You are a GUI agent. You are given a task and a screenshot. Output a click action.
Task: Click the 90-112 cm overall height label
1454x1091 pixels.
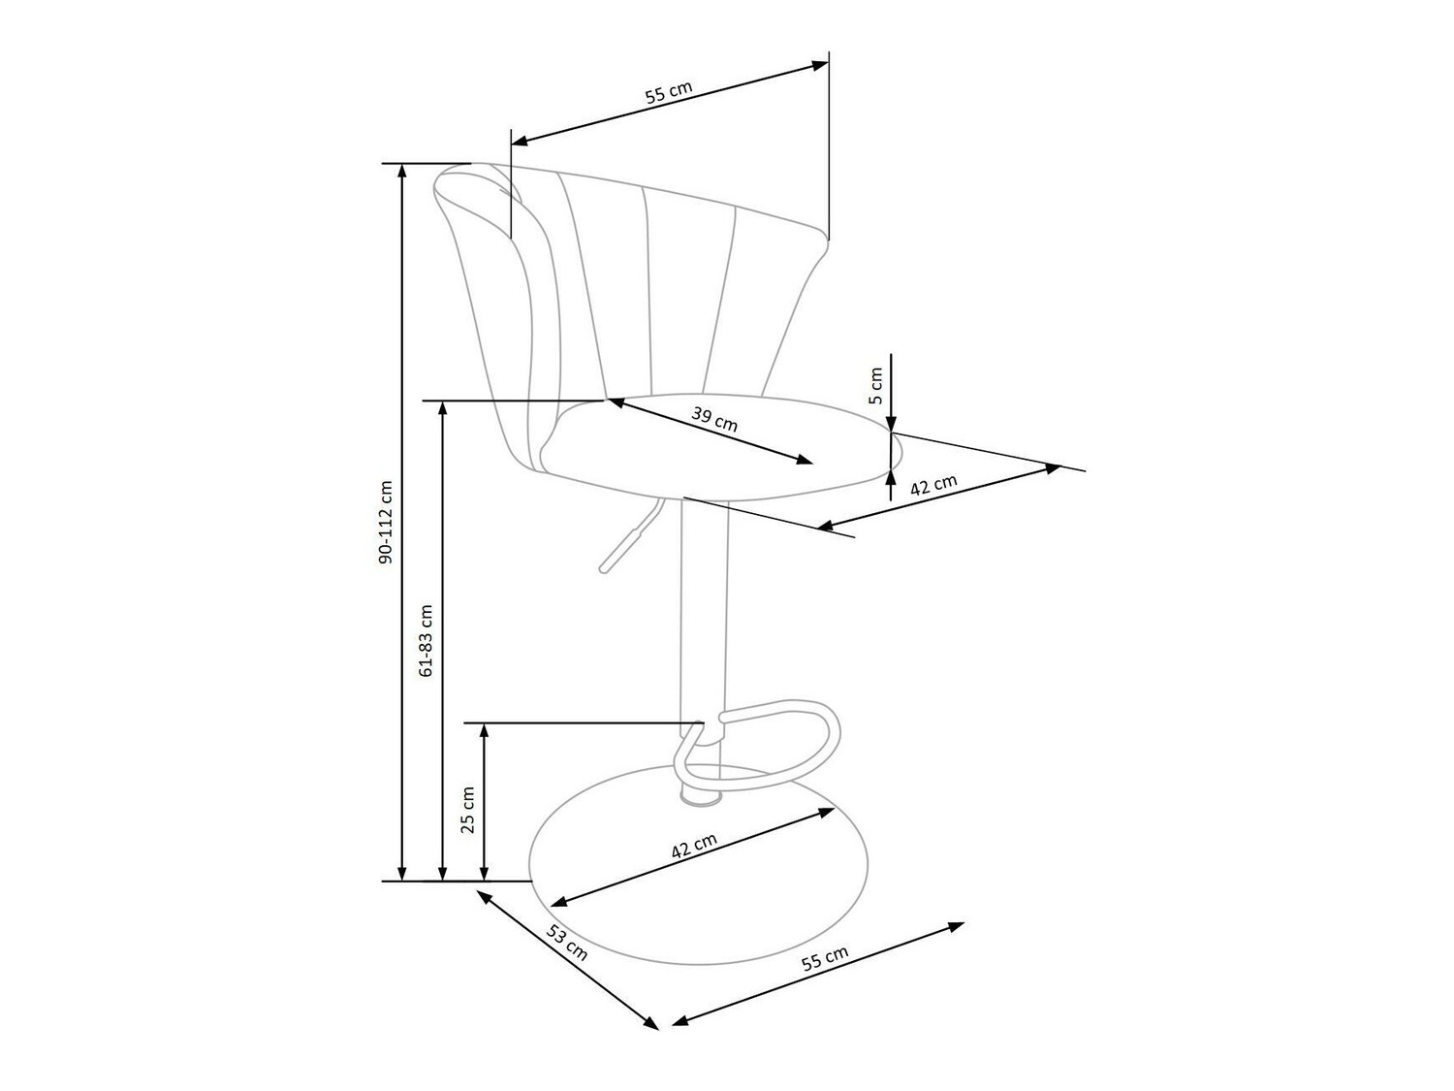coord(386,523)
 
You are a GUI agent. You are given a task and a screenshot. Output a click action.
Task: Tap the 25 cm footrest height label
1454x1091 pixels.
coord(467,810)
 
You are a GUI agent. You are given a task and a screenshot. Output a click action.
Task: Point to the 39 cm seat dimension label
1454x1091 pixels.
coord(714,419)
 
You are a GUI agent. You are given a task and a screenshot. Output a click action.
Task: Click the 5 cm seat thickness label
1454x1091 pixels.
coord(875,386)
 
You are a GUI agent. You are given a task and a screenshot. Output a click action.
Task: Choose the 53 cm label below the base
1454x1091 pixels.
coord(566,942)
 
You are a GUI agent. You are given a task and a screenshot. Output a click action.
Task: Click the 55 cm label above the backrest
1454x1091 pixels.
coord(669,93)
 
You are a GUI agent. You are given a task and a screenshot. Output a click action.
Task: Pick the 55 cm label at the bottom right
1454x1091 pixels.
coord(825,958)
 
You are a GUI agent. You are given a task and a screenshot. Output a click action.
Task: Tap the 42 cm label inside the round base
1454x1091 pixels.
coord(694,846)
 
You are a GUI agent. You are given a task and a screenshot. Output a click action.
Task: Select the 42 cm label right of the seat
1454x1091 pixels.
coord(933,485)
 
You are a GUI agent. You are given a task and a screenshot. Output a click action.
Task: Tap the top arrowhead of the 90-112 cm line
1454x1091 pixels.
coord(400,171)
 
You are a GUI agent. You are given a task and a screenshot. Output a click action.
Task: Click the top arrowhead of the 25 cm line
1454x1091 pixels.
coord(485,732)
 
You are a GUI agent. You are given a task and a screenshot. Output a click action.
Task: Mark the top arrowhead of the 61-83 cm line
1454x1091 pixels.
coord(443,408)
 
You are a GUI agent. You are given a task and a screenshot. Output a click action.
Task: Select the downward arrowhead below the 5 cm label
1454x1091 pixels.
coord(891,423)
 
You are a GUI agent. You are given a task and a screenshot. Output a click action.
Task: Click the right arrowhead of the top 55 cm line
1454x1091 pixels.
coord(821,65)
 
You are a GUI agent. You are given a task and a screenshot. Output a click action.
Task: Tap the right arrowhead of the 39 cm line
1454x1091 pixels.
coord(805,461)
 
